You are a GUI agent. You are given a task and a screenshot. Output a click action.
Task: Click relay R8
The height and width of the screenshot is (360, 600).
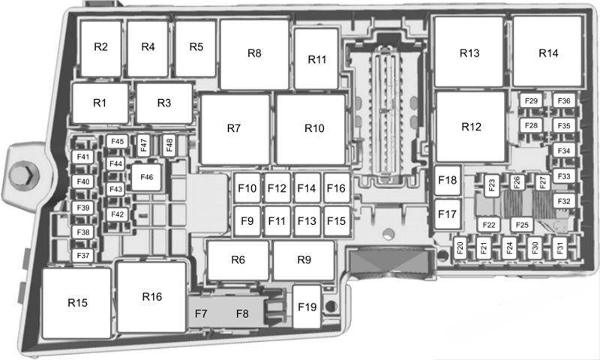coord(254,54)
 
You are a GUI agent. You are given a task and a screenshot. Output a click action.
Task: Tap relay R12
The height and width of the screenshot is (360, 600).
coord(471,126)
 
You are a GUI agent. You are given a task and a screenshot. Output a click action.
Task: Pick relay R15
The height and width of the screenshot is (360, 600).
coord(77,303)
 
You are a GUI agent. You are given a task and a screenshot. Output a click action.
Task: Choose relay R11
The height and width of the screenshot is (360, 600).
coord(316,59)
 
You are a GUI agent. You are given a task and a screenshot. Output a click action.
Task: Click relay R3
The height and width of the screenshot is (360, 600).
coord(164,103)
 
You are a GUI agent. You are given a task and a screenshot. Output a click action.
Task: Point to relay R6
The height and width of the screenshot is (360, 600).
coord(238,260)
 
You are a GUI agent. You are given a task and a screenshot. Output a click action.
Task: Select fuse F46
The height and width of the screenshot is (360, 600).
coord(146,177)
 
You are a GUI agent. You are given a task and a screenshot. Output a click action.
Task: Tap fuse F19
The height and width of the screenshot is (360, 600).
coord(307,307)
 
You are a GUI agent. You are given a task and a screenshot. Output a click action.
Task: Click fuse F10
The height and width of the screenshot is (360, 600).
coord(247,187)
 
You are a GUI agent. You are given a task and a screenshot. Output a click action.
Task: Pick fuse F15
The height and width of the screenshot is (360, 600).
coord(337,221)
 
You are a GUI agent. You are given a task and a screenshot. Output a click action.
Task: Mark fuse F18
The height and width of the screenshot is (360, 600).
coord(448,180)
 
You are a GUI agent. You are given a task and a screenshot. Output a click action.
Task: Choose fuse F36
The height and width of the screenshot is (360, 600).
coord(564,101)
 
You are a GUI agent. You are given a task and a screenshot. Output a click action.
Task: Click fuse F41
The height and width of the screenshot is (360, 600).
coord(83,157)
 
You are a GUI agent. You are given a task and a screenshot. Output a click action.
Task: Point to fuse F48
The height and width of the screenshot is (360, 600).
coord(169,145)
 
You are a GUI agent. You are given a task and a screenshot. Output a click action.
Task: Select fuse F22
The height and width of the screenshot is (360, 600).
coord(489,225)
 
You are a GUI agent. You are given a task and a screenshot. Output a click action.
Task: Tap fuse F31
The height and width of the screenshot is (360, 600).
coord(559,247)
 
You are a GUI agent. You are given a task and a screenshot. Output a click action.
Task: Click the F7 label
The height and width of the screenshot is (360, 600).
coord(201,314)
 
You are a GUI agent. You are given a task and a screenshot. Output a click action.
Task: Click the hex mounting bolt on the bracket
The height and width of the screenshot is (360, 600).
coord(24,175)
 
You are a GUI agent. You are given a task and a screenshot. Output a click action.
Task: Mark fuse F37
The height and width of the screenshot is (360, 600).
coord(83,256)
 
